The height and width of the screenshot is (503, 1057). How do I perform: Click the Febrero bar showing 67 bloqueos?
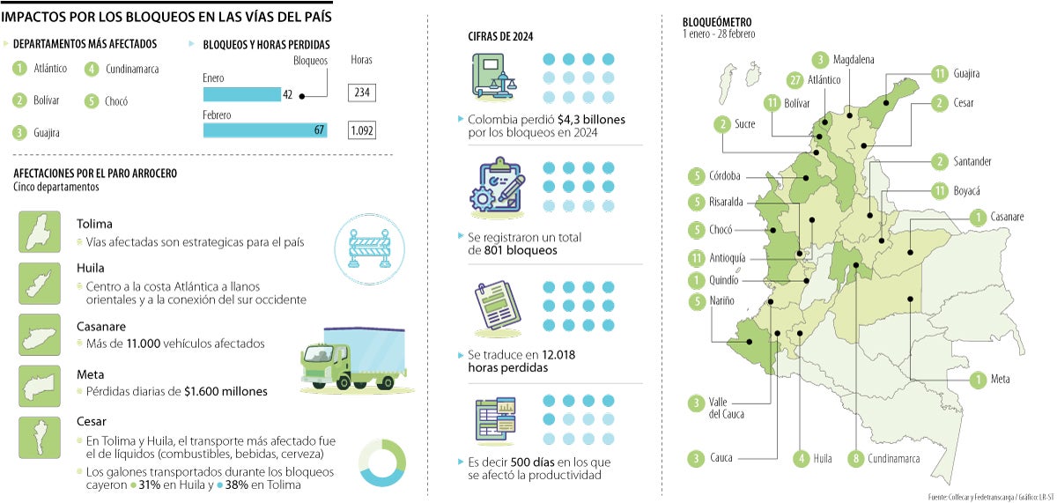[265, 130]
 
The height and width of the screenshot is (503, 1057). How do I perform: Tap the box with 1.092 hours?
[362, 130]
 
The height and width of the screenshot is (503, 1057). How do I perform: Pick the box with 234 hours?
[362, 92]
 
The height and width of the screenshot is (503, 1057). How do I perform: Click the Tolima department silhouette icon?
[40, 233]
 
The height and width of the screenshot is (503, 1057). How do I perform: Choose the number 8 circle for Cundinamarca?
[854, 458]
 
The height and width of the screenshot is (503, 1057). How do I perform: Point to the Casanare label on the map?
[1007, 217]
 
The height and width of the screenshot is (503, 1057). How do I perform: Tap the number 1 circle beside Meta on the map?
[975, 380]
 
